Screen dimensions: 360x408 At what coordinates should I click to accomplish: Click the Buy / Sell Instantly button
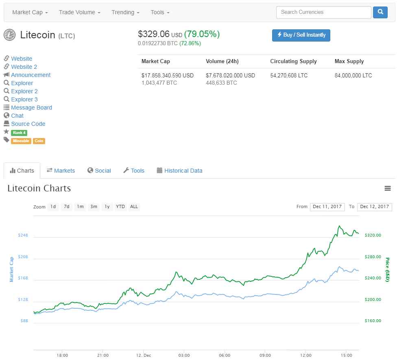(x=301, y=35)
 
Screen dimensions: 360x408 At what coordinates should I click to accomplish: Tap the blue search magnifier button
(x=380, y=12)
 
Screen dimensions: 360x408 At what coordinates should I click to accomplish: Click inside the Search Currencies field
(x=323, y=12)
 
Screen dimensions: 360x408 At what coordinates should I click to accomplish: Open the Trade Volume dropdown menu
(x=79, y=12)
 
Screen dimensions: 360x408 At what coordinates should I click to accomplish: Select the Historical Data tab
(x=179, y=171)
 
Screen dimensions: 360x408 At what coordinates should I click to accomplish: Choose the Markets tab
(x=61, y=171)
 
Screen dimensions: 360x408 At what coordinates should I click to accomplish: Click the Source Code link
(x=28, y=124)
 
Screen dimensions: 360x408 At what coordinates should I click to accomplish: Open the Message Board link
(x=31, y=108)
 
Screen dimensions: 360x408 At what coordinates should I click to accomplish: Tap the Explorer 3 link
(x=24, y=99)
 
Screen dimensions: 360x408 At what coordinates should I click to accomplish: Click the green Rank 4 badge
(x=19, y=133)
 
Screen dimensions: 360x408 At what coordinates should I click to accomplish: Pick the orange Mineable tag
(x=21, y=141)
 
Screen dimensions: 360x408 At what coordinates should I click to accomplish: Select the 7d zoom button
(x=67, y=206)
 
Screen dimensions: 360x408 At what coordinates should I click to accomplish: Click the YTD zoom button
(x=120, y=206)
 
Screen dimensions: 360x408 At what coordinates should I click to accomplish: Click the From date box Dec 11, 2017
(x=327, y=207)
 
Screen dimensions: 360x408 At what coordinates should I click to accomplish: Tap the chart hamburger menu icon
(x=388, y=189)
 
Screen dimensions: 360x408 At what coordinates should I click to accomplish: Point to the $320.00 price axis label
(x=373, y=235)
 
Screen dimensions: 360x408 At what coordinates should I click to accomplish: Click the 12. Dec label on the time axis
(x=143, y=355)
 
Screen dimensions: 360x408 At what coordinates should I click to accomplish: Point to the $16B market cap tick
(x=23, y=279)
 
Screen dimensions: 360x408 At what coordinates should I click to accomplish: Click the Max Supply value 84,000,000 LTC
(x=353, y=75)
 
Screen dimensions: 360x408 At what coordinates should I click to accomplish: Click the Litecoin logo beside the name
(x=9, y=35)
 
